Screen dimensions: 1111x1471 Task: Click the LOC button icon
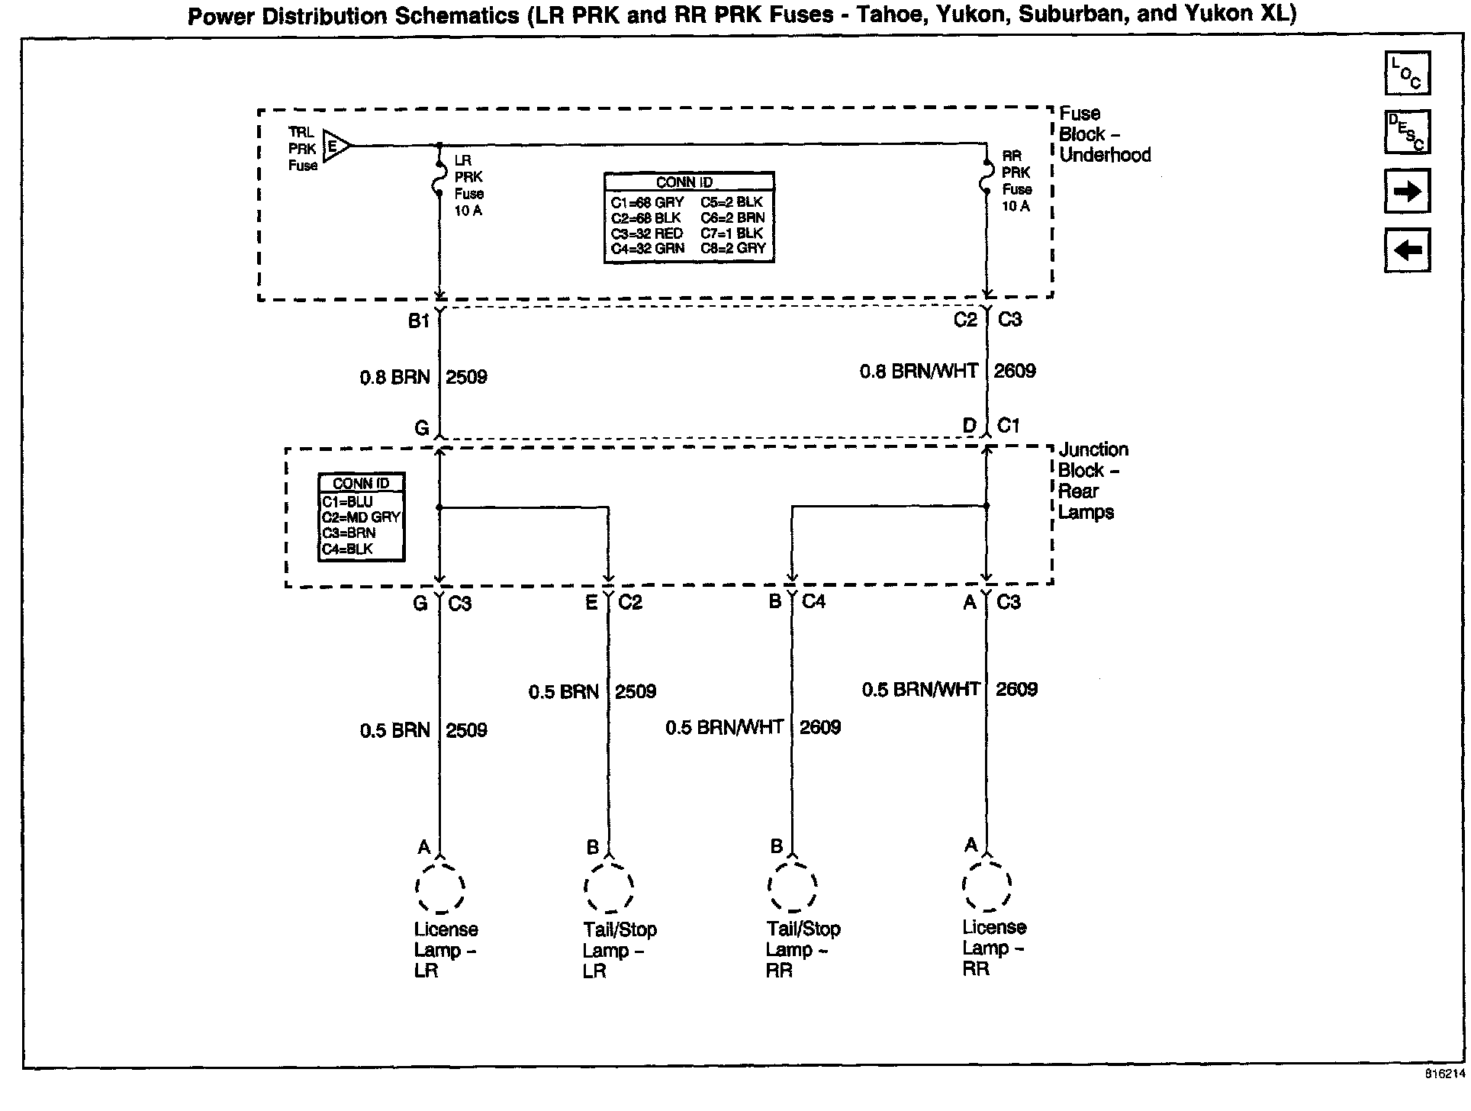(1407, 73)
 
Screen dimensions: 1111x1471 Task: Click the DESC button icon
(1407, 132)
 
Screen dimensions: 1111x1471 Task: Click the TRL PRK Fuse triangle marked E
(336, 145)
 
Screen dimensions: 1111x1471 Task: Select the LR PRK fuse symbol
(439, 178)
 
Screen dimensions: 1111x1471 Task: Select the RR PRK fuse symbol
(987, 177)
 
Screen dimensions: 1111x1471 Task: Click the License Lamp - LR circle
(440, 887)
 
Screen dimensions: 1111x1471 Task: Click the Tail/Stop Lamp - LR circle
(609, 887)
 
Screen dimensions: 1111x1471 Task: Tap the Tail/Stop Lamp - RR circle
(792, 887)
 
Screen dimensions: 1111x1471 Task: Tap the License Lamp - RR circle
(987, 886)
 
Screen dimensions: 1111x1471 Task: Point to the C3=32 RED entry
(646, 233)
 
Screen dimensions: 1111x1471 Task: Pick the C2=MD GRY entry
(361, 517)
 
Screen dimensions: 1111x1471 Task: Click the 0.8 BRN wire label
(394, 377)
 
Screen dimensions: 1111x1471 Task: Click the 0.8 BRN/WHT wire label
(919, 372)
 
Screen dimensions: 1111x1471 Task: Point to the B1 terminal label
(418, 321)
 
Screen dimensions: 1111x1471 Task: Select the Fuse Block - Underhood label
(1103, 134)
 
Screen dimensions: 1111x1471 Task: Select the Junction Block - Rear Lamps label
(1093, 481)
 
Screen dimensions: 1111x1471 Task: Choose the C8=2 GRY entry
(732, 249)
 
